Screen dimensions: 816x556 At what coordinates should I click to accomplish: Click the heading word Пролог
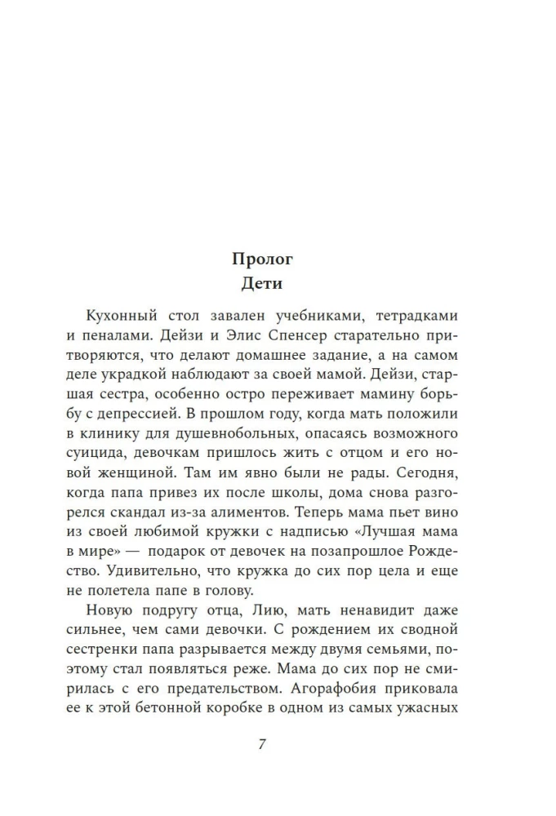pyautogui.click(x=262, y=260)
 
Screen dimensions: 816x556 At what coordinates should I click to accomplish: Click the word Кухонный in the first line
pyautogui.click(x=120, y=315)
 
